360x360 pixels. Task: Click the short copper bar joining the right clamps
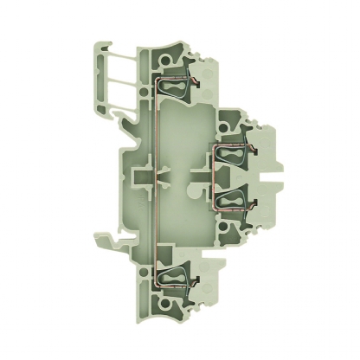[x=214, y=178]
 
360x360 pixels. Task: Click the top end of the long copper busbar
[x=158, y=80]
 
